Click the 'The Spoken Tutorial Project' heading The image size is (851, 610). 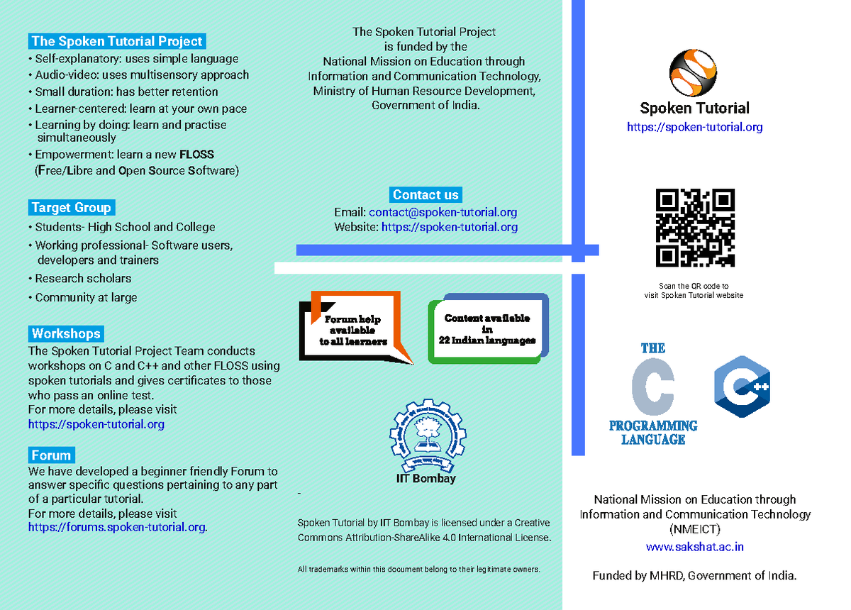117,41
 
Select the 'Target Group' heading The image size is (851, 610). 71,208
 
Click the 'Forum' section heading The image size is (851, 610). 51,455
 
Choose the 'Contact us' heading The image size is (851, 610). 425,195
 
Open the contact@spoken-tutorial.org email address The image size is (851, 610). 443,212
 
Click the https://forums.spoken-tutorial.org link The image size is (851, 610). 117,527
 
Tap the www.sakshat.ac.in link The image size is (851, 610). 694,547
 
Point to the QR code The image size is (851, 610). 695,228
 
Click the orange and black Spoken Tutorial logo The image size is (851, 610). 694,72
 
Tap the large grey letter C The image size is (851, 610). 652,387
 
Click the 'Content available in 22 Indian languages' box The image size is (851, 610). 487,329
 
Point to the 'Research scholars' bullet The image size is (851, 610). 83,279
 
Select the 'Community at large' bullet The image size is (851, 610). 86,298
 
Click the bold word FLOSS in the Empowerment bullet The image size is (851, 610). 196,155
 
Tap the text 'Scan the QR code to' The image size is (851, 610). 694,286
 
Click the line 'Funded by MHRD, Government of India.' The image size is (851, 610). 694,576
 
